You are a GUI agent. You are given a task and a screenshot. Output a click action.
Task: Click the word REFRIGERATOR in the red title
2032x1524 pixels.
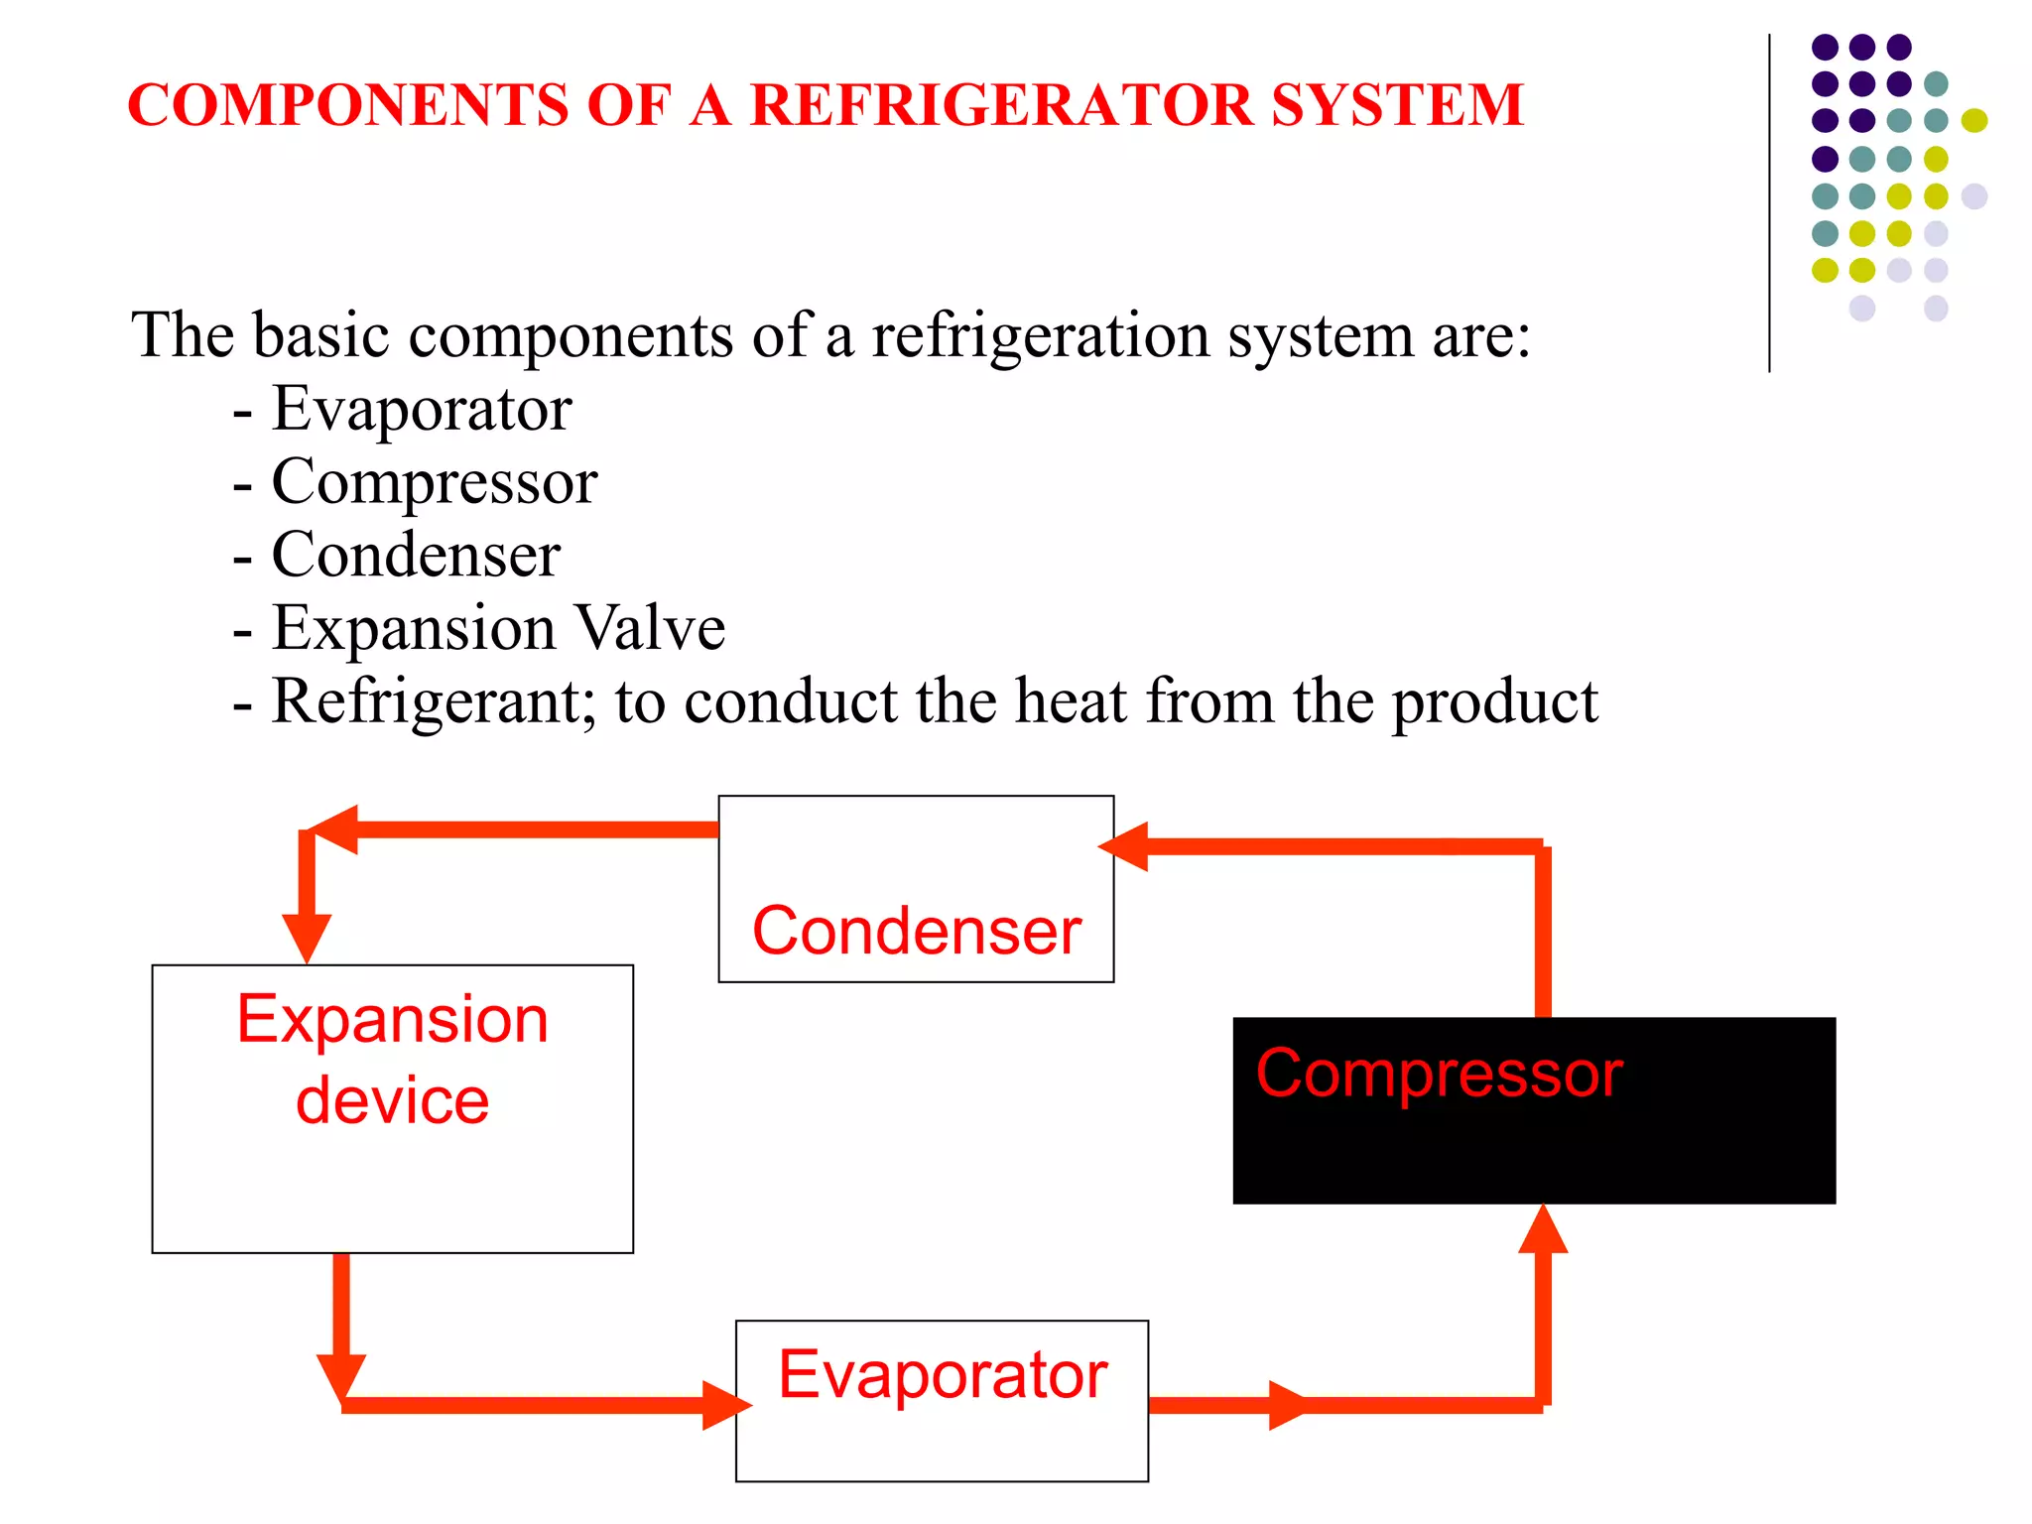(1002, 105)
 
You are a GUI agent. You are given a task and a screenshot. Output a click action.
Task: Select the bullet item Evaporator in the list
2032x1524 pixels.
(422, 409)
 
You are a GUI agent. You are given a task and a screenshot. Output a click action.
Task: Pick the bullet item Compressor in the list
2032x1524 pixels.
(435, 482)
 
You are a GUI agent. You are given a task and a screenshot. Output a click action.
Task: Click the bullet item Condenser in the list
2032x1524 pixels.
(416, 555)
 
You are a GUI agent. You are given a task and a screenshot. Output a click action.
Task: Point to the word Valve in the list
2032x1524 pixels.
(650, 628)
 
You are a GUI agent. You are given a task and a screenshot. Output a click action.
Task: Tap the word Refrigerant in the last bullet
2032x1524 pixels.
(433, 702)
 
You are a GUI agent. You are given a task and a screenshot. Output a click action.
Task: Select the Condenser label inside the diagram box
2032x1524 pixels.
(916, 932)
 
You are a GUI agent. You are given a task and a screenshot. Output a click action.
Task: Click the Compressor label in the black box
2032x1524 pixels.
(1439, 1074)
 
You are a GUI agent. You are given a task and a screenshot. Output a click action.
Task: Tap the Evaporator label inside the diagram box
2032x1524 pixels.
(943, 1375)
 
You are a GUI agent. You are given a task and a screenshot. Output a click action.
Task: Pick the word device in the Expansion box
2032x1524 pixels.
(393, 1101)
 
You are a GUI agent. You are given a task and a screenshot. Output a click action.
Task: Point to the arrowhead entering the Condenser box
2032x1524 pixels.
(1125, 846)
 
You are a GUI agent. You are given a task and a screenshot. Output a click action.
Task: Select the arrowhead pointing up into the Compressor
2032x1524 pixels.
(1543, 1229)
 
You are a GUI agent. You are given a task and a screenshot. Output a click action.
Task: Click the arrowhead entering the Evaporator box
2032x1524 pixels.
(725, 1405)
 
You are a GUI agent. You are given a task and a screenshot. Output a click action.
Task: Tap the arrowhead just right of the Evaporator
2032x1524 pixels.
(1287, 1405)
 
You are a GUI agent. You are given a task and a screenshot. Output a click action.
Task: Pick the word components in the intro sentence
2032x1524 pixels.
(571, 335)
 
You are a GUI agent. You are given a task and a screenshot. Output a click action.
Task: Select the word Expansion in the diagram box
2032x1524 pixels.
(393, 1019)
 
